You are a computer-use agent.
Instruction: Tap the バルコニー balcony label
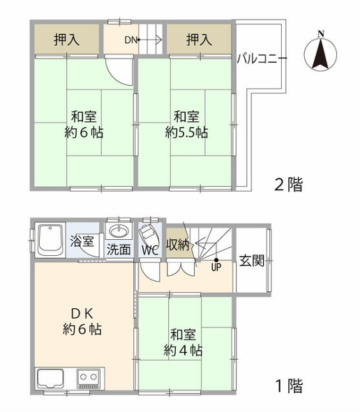[x=262, y=59]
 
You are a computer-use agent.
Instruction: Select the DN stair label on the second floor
[x=130, y=40]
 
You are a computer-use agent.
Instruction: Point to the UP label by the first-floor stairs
[x=216, y=267]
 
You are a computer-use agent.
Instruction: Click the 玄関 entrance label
[x=251, y=261]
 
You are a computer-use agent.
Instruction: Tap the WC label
[x=150, y=250]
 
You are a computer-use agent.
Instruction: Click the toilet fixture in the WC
[x=149, y=234]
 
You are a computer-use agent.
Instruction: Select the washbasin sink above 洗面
[x=119, y=231]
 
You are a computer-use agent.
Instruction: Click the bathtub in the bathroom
[x=51, y=241]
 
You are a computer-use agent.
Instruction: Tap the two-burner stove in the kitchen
[x=89, y=378]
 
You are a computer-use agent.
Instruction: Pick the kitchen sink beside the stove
[x=50, y=379]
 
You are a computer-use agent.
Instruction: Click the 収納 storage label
[x=178, y=244]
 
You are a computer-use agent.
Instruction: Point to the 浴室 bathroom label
[x=82, y=241]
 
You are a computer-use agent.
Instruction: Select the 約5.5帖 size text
[x=186, y=132]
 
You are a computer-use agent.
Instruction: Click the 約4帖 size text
[x=183, y=350]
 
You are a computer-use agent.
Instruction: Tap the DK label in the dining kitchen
[x=82, y=314]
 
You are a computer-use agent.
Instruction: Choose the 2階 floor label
[x=289, y=184]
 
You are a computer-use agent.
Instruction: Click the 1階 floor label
[x=289, y=386]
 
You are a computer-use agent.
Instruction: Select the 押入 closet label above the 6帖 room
[x=66, y=40]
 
